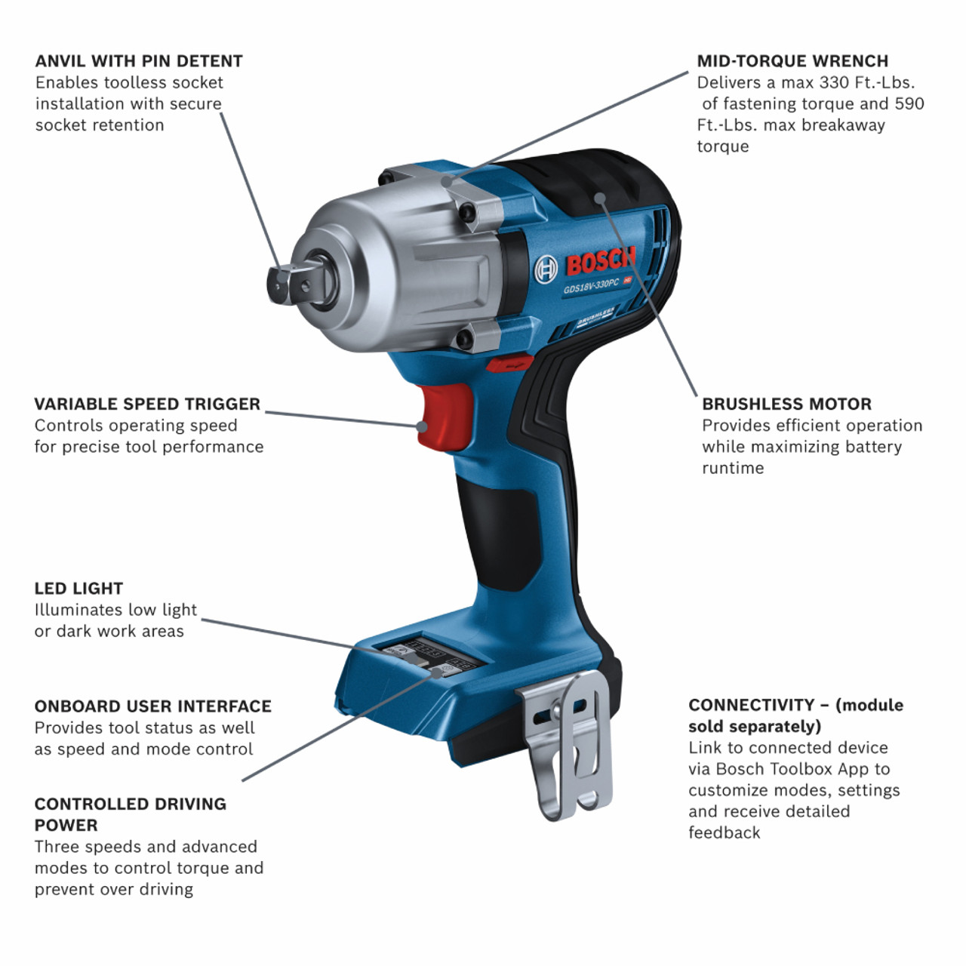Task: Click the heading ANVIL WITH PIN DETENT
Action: [139, 61]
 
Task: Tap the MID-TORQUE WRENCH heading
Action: [792, 61]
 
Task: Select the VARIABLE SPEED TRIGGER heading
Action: [147, 404]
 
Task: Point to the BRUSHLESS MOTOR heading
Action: [786, 404]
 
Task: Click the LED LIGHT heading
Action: [78, 589]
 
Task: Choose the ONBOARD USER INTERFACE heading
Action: [152, 706]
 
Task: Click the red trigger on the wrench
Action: [445, 417]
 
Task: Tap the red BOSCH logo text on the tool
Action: [601, 261]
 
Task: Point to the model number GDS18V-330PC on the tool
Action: [591, 285]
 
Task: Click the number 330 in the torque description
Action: [835, 82]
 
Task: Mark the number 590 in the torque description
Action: [909, 103]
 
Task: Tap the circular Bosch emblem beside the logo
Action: [546, 269]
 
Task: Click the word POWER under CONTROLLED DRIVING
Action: [66, 826]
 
